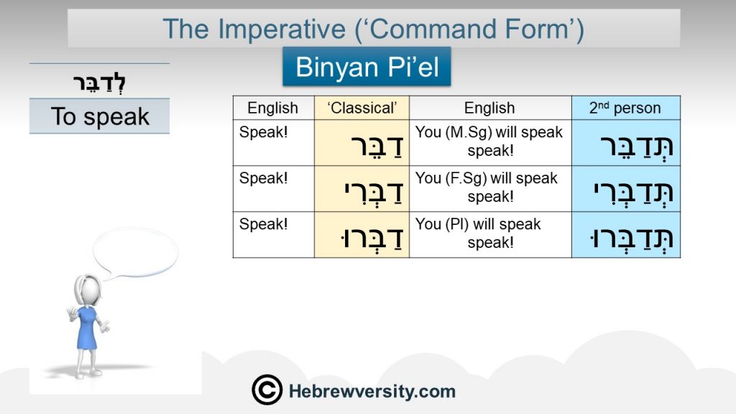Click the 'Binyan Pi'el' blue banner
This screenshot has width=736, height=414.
[367, 66]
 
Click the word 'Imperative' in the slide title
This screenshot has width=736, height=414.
[282, 29]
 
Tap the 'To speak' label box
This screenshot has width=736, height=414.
[99, 116]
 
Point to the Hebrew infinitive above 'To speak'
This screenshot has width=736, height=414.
[99, 83]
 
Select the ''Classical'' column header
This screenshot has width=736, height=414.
[362, 108]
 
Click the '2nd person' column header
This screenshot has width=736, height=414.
[626, 108]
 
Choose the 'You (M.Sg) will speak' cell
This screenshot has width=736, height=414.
[490, 143]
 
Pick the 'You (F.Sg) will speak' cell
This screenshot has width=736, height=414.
[490, 189]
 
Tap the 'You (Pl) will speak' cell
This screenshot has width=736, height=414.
[490, 235]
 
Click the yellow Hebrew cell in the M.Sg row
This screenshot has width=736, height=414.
[362, 143]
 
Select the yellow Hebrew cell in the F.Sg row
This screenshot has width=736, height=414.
[362, 189]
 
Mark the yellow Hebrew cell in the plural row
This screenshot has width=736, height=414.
[362, 235]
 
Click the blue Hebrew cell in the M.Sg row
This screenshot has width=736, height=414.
[626, 143]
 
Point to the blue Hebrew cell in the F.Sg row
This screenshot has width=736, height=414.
[626, 189]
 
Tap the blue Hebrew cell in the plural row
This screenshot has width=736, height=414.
[626, 235]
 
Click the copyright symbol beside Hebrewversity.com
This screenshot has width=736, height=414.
[267, 390]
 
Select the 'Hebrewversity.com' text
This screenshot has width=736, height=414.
[372, 391]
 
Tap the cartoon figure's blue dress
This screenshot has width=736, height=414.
[87, 328]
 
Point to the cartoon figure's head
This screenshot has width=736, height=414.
[87, 290]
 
